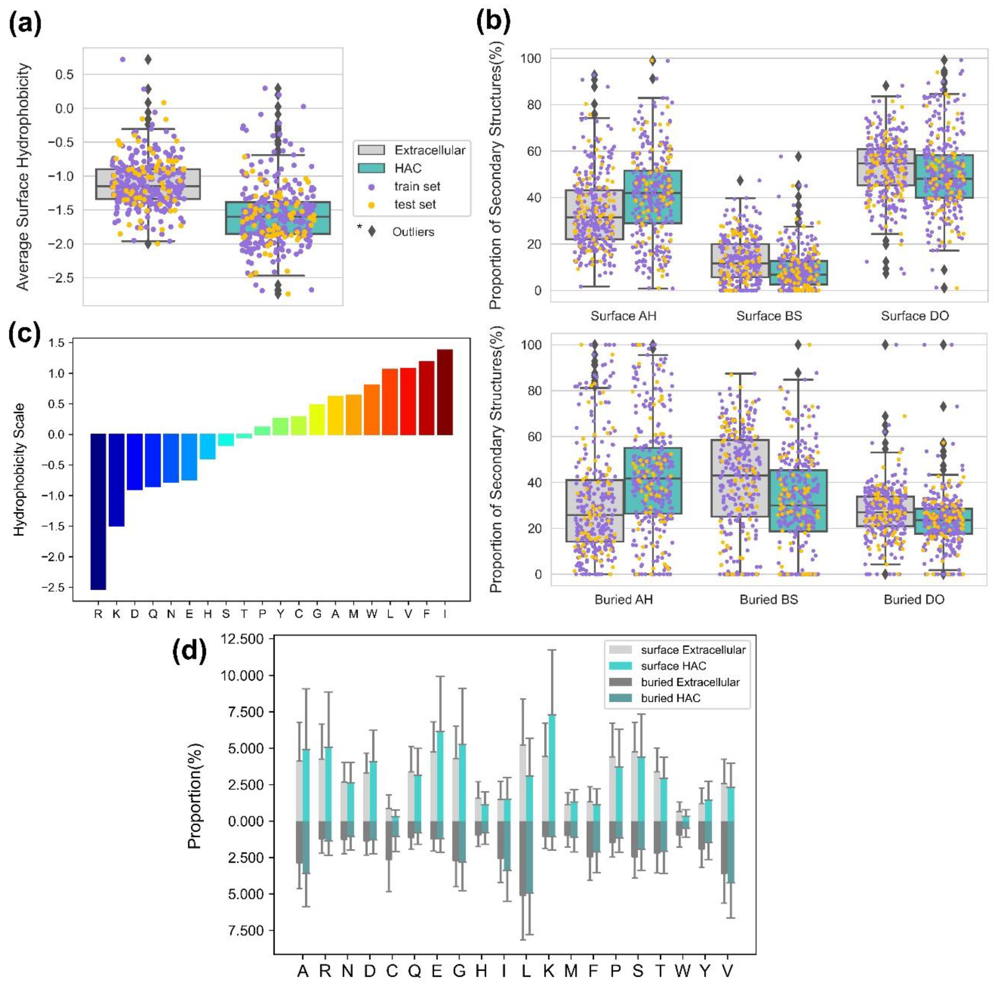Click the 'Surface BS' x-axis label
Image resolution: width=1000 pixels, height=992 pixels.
pyautogui.click(x=769, y=316)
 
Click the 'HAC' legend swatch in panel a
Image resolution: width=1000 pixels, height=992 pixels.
pyautogui.click(x=372, y=168)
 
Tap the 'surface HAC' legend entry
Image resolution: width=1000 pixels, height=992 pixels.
pyautogui.click(x=673, y=666)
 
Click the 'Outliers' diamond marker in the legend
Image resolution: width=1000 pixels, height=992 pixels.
pyautogui.click(x=372, y=232)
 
